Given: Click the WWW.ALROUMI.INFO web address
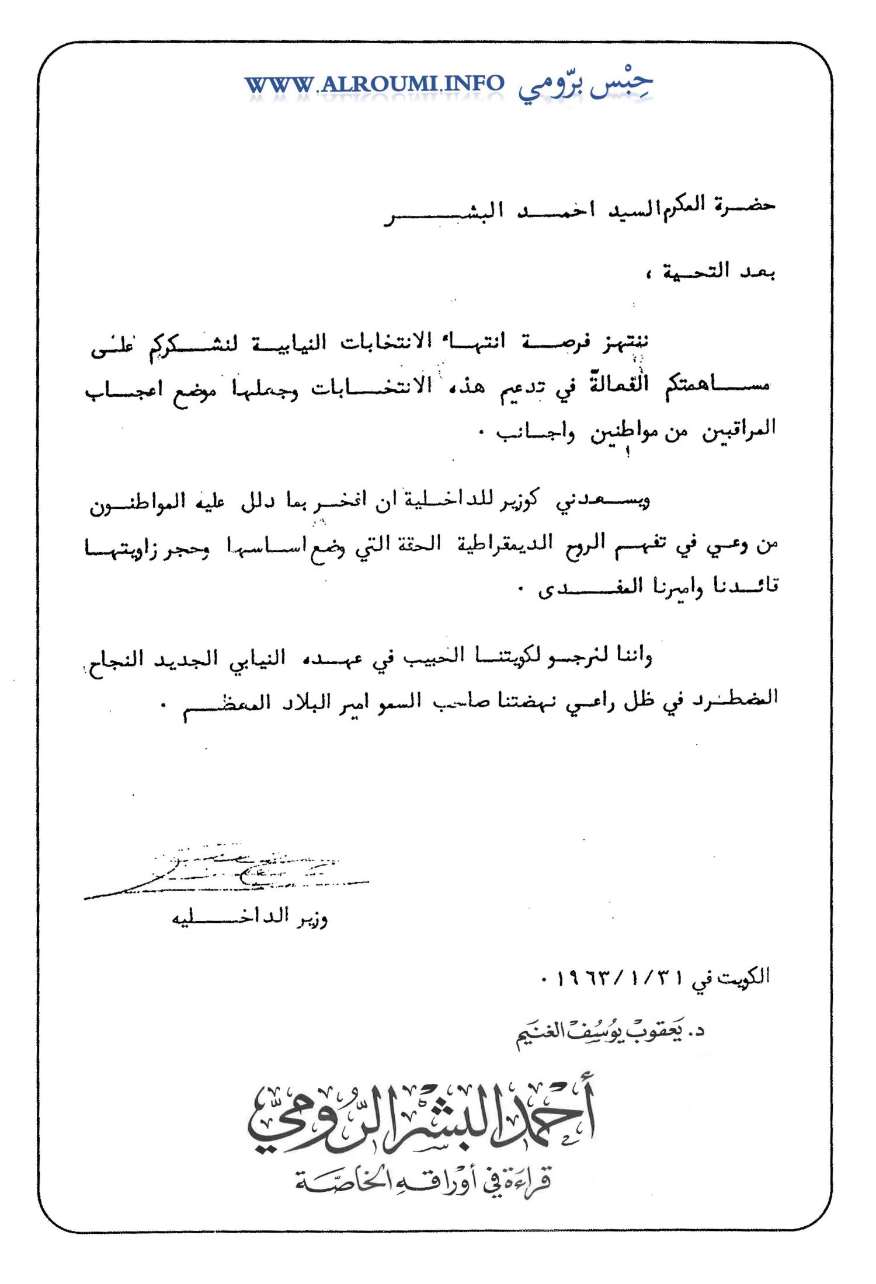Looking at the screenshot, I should point(374,84).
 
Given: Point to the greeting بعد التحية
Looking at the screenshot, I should point(718,271).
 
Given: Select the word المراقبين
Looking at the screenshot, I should point(739,431).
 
